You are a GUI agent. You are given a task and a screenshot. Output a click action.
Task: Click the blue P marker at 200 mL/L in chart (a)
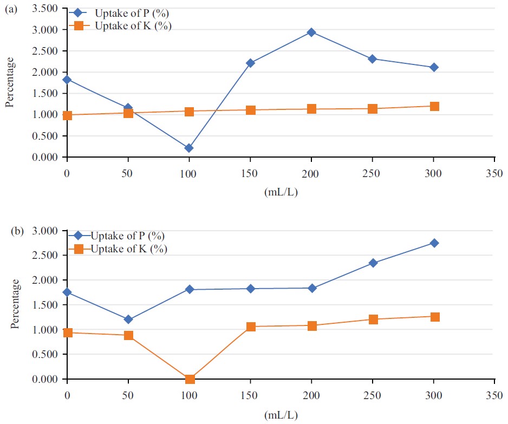tap(311, 32)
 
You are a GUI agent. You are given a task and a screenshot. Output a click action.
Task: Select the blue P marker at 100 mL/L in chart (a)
tap(189, 148)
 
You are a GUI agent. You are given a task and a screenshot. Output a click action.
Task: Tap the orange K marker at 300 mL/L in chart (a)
tap(434, 107)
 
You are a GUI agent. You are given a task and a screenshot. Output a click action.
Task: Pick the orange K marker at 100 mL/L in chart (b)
tap(190, 379)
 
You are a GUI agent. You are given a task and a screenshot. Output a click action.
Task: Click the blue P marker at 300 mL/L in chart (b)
tap(434, 243)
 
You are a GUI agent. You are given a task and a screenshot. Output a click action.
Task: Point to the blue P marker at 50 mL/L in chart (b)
tap(128, 319)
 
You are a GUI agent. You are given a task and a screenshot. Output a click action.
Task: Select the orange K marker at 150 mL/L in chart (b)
tap(251, 327)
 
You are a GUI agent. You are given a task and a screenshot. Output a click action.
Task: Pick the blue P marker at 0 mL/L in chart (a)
tap(67, 80)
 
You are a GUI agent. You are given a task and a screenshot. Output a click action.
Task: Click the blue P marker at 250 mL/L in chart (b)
tap(373, 263)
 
